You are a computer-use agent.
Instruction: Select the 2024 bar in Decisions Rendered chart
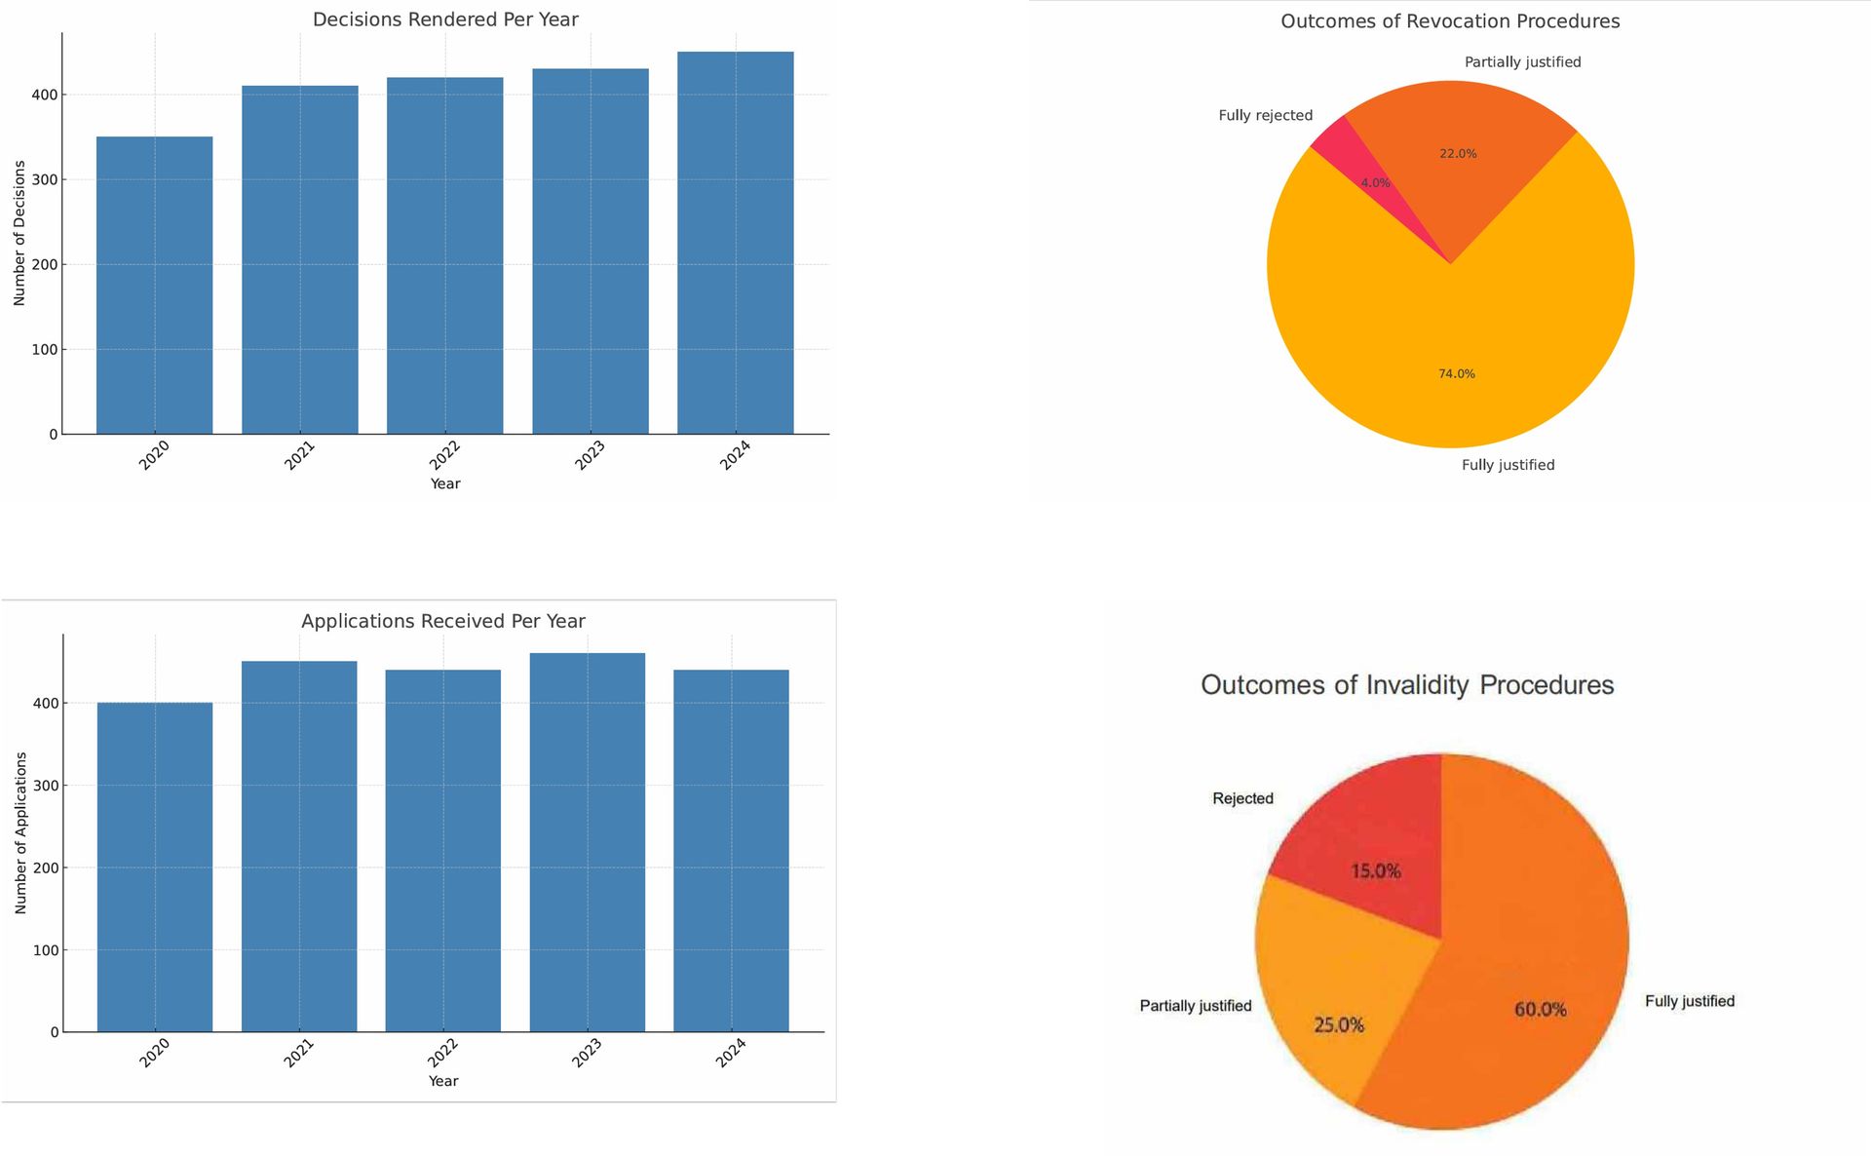pos(735,243)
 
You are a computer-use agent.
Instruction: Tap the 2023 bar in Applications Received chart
pos(587,842)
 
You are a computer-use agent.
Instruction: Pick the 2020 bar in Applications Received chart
pos(154,867)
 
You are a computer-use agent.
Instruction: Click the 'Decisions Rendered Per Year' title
pos(445,19)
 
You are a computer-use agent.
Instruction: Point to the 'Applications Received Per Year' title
pos(442,621)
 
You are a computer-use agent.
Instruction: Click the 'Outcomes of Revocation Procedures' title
pos(1449,21)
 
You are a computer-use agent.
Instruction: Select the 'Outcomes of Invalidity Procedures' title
pos(1406,685)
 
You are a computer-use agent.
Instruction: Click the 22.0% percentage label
pos(1458,154)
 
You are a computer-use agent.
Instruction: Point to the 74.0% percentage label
pos(1456,374)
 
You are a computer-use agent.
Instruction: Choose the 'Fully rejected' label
pos(1265,115)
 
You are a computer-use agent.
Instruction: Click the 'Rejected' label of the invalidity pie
pos(1242,798)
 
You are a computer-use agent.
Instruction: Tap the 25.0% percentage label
pos(1339,1024)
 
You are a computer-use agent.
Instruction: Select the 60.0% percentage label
pos(1540,1010)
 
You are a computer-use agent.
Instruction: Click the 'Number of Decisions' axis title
pos(19,233)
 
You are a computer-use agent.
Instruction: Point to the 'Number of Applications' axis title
pos(20,832)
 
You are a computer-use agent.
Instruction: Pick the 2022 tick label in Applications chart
pos(442,1053)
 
